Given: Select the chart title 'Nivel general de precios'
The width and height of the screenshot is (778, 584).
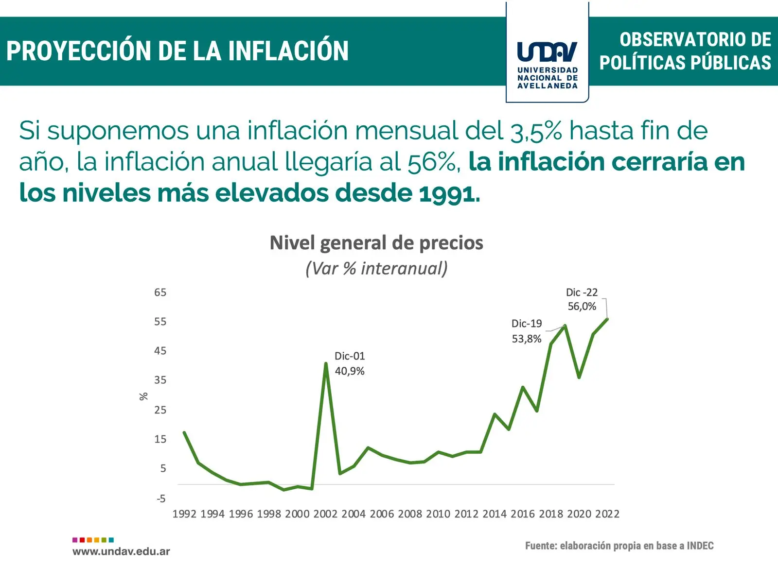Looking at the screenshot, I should coord(376,243).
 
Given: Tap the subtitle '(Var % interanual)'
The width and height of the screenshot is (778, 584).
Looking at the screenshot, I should coord(376,268).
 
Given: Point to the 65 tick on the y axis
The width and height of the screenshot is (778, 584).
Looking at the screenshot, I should coord(160,292).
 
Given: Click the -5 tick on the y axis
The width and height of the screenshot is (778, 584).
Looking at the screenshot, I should coord(161,499).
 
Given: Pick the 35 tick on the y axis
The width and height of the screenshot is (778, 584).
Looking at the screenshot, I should coord(160,380).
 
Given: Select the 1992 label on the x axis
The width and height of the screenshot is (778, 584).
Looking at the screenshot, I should coord(184,514).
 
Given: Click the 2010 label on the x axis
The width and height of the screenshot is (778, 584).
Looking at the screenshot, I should coord(438,514).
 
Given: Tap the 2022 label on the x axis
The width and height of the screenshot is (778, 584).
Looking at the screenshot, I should coord(607,514).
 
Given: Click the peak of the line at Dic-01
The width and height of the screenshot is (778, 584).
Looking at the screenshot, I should coord(326,363).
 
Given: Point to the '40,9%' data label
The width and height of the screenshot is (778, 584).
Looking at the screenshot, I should coord(350,371).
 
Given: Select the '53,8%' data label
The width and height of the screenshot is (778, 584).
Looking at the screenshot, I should coord(526,339).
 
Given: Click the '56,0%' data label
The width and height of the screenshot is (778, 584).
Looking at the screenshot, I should coord(582,307).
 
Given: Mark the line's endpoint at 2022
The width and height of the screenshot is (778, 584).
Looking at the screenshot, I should coord(607,319).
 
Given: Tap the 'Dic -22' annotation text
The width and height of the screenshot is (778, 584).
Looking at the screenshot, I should coord(582,292).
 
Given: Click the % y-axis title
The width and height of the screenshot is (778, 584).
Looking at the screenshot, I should coord(143,396).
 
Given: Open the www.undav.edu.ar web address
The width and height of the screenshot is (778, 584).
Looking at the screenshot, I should coord(121,551).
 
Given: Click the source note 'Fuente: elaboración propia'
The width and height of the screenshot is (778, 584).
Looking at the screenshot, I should coord(619,546).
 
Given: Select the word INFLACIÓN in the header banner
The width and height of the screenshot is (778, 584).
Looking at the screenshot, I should coord(288,51).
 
